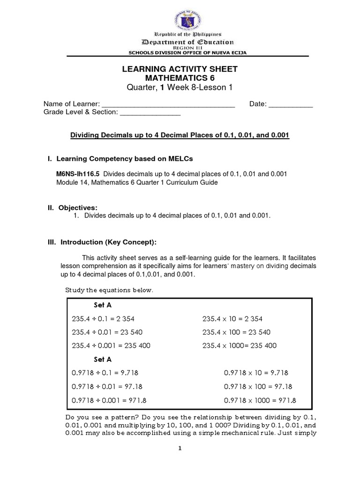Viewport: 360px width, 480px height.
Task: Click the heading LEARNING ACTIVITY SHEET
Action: [x=180, y=69]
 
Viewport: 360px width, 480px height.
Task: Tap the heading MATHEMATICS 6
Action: [x=180, y=78]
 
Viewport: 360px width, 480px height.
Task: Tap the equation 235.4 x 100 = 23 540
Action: [x=236, y=332]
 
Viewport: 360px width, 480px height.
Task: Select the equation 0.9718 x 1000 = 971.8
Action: [x=260, y=400]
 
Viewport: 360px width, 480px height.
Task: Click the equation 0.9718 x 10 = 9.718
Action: [x=256, y=373]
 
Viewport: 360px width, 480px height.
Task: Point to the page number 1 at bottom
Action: [x=180, y=448]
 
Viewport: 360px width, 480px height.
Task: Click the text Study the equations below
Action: [x=109, y=291]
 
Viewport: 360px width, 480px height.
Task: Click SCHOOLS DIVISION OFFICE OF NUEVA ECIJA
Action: [x=180, y=52]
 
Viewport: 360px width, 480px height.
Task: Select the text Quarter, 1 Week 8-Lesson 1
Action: [x=180, y=87]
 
